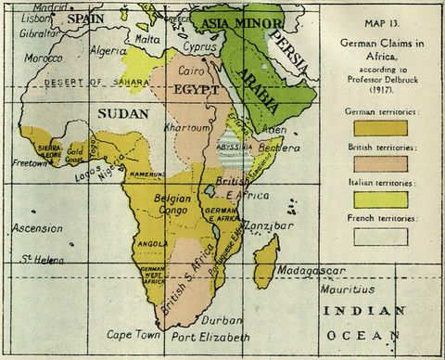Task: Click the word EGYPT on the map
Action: [x=196, y=91]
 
